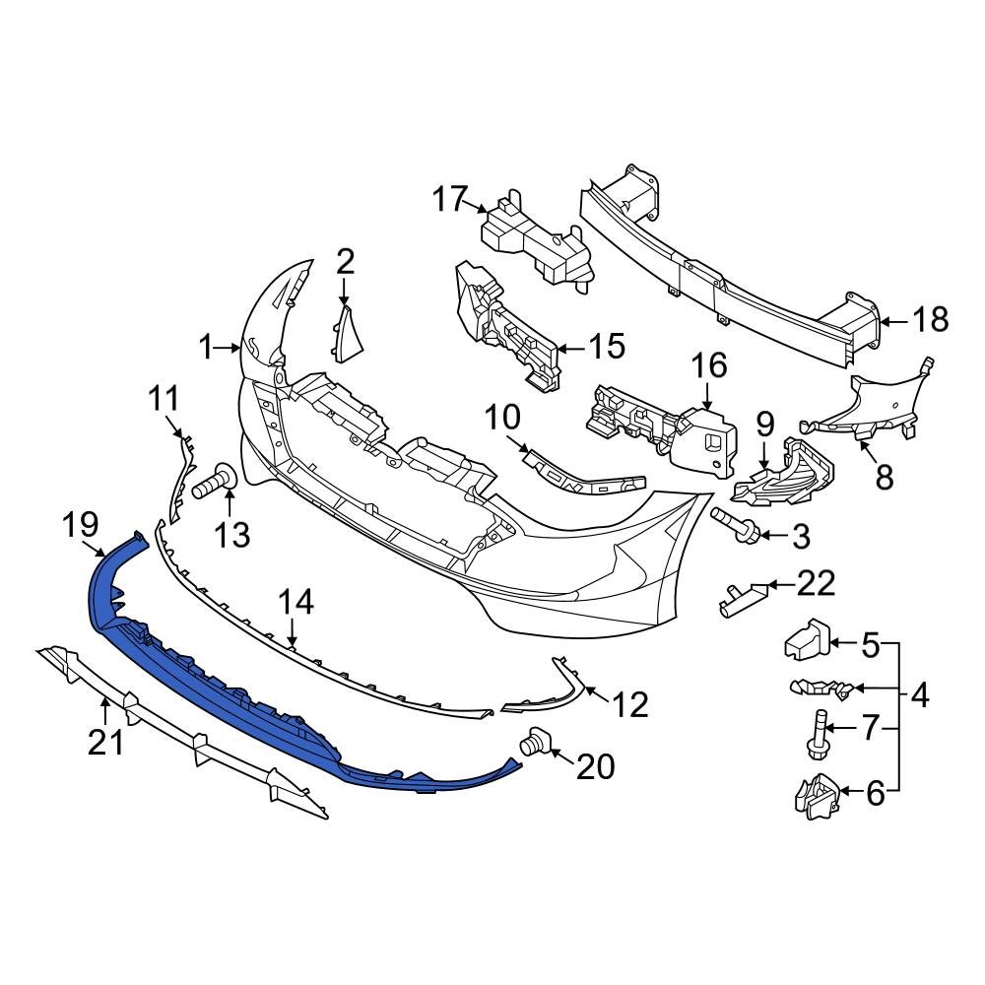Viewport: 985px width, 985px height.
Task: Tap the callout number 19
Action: click(x=84, y=526)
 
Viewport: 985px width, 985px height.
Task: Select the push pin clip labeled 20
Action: click(x=533, y=744)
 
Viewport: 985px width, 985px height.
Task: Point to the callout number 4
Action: click(x=919, y=696)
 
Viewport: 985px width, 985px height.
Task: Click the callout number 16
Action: click(x=708, y=366)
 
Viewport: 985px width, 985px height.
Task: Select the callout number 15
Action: click(x=606, y=346)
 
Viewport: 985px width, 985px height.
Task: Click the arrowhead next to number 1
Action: click(x=236, y=348)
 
